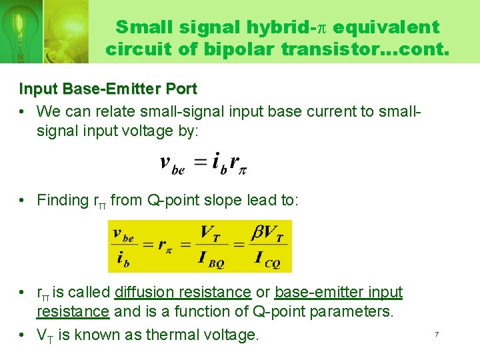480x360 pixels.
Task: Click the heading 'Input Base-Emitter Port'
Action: [108, 89]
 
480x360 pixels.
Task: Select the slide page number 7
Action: [437, 334]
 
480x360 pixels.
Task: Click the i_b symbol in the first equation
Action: [218, 163]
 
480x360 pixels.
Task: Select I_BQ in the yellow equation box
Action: [211, 260]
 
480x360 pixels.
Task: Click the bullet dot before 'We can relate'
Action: [23, 111]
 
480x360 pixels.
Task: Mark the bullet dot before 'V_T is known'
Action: [23, 335]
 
